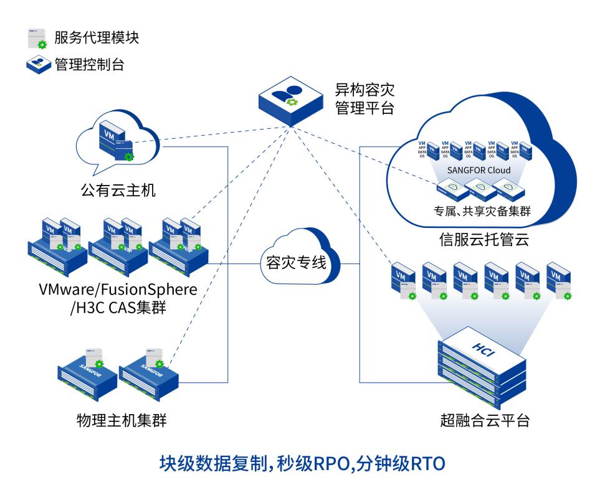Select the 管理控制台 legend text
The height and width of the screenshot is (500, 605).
point(89,64)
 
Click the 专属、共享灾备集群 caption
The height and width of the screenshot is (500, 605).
point(478,212)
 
